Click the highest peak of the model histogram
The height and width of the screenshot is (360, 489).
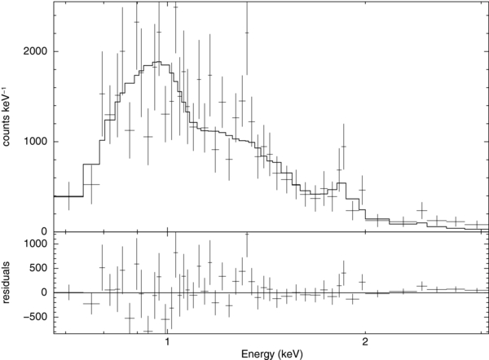click(x=160, y=63)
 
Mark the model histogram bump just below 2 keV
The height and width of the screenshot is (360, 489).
click(x=342, y=183)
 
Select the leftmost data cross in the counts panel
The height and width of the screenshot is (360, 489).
click(x=68, y=195)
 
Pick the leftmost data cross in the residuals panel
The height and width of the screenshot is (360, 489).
click(x=68, y=292)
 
